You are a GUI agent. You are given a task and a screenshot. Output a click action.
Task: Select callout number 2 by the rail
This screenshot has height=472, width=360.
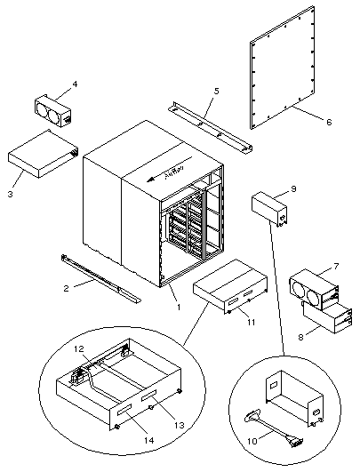(66, 287)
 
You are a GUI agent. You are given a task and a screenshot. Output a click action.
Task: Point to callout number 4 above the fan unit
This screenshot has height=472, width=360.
(75, 84)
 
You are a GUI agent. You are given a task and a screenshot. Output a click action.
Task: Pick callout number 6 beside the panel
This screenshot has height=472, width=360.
(329, 122)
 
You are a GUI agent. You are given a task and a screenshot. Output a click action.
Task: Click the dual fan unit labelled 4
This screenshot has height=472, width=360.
(54, 108)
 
